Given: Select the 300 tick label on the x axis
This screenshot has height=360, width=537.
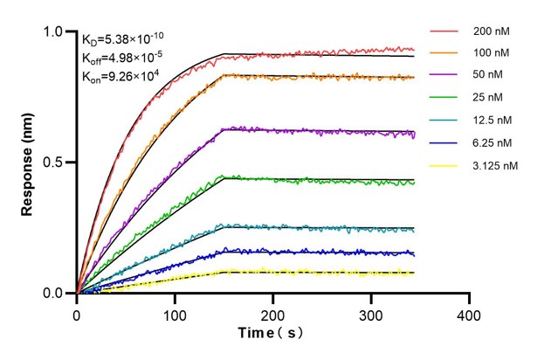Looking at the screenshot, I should click(x=371, y=312).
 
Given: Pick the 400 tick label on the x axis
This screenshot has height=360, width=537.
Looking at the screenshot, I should click(x=470, y=312).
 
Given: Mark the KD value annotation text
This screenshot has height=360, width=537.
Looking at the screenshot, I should click(x=122, y=38).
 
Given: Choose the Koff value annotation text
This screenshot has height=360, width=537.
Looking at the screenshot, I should click(x=122, y=58).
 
